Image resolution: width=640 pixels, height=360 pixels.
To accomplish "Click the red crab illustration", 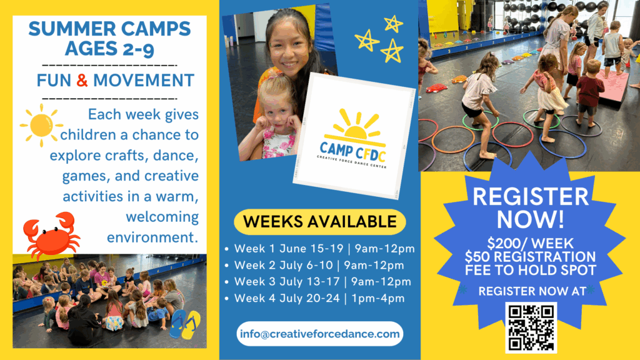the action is pyautogui.click(x=51, y=235).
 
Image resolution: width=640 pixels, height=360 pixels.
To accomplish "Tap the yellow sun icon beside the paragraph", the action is pyautogui.click(x=41, y=125).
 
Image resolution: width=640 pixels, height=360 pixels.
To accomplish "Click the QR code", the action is pyautogui.click(x=531, y=327).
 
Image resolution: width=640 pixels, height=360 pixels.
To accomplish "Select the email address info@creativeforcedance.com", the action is pyautogui.click(x=319, y=334).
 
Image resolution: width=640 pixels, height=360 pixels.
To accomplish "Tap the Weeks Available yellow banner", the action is pyautogui.click(x=319, y=222).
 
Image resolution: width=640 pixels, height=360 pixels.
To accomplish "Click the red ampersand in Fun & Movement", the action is pyautogui.click(x=82, y=81).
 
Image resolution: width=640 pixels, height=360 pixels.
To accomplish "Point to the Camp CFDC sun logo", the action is pyautogui.click(x=352, y=139).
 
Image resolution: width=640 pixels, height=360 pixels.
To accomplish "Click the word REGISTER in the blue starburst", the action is pyautogui.click(x=531, y=197).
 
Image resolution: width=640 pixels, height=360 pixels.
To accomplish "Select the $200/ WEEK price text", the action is pyautogui.click(x=530, y=244).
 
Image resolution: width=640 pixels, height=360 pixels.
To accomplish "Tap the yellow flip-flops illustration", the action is pyautogui.click(x=185, y=324).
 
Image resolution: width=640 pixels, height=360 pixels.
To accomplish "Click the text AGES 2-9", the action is pyautogui.click(x=109, y=49).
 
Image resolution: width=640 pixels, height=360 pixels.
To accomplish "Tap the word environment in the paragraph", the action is pyautogui.click(x=152, y=237).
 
